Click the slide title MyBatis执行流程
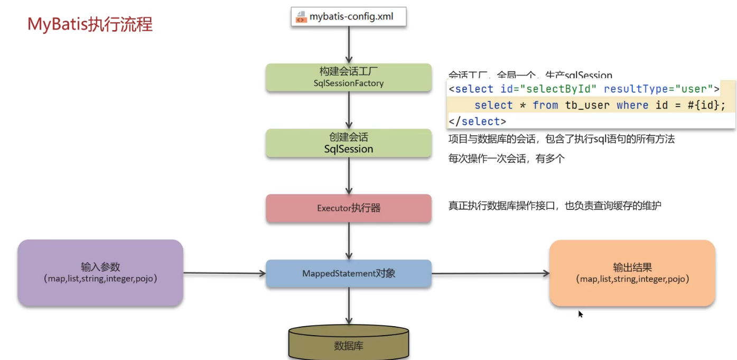click(90, 24)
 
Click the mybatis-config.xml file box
click(349, 16)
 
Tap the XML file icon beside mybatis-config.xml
click(301, 16)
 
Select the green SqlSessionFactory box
click(349, 77)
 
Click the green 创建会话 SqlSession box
click(349, 143)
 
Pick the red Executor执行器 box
click(349, 208)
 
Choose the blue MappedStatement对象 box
click(349, 273)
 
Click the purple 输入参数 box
click(100, 272)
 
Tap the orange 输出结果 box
click(632, 273)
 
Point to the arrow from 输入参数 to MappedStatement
click(225, 273)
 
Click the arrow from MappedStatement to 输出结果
click(490, 273)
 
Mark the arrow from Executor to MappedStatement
click(349, 241)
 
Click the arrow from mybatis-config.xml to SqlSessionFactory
click(349, 45)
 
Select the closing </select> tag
click(478, 121)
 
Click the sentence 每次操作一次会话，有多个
click(506, 158)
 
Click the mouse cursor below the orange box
click(580, 313)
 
